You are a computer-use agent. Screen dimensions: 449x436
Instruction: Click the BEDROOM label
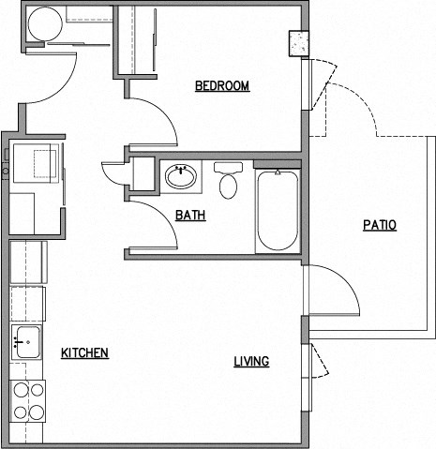coord(221,86)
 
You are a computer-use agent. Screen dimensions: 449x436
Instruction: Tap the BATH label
coord(190,215)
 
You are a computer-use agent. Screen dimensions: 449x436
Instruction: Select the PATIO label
coord(380,225)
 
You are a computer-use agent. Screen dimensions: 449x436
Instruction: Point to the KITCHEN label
coord(84,353)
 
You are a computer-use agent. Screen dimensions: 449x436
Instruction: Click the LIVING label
coord(252,361)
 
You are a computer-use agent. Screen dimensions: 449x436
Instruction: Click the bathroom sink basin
coord(180,175)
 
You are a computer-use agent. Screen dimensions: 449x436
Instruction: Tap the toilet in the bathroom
coord(228,181)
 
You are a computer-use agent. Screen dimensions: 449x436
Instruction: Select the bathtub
coord(278,210)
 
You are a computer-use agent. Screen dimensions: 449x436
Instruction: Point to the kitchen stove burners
coord(28,400)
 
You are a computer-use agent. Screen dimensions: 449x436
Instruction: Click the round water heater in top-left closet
coord(42,25)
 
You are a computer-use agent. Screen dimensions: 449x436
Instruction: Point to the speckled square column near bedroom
coord(299,43)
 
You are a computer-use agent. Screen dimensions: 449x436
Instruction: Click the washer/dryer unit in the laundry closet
coord(36,164)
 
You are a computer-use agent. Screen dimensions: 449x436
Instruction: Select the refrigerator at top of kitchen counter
coord(27,262)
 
